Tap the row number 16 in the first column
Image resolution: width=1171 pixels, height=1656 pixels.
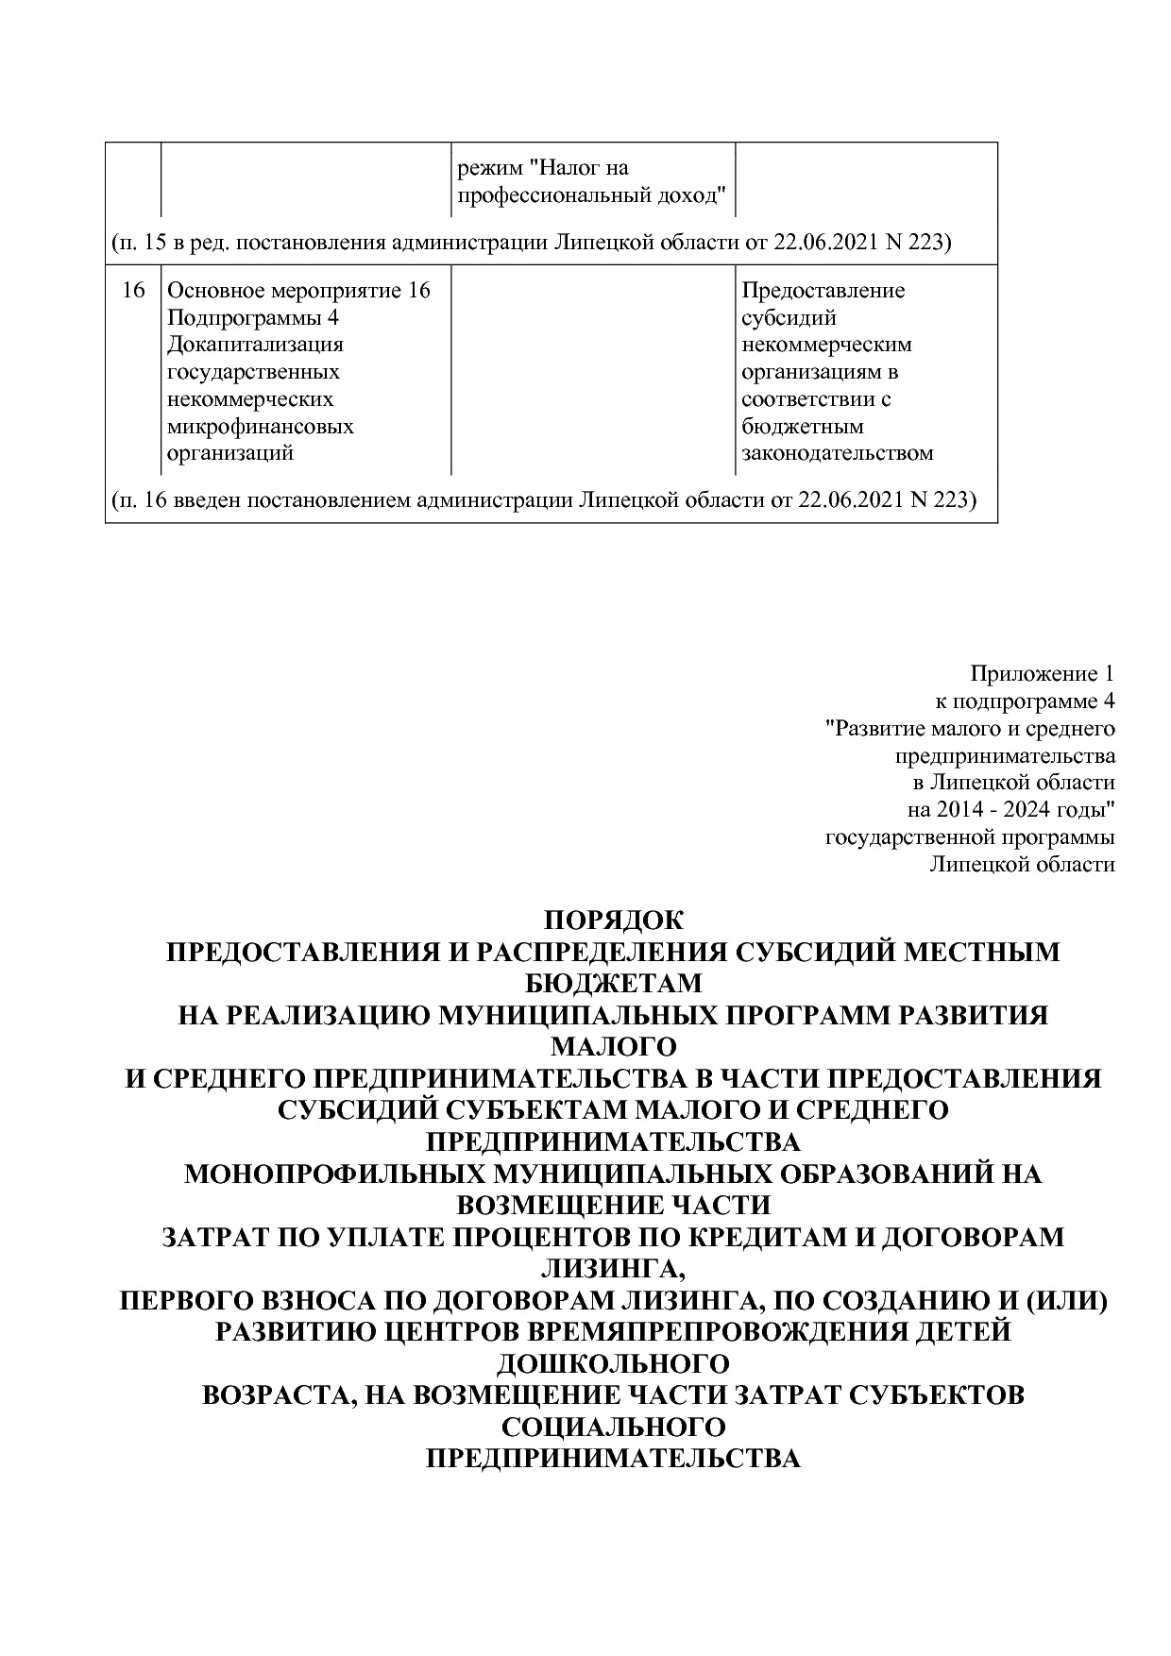click(x=133, y=290)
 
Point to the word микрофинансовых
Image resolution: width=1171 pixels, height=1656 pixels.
click(x=261, y=426)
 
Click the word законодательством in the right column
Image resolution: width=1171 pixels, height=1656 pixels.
click(x=838, y=452)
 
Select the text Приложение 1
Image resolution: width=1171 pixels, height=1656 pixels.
click(x=1042, y=674)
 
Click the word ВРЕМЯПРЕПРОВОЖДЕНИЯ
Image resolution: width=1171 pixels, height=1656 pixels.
click(x=737, y=1332)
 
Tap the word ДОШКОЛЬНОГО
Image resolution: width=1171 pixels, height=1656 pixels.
click(x=613, y=1364)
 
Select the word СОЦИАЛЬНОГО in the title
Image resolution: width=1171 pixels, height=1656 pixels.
click(x=613, y=1428)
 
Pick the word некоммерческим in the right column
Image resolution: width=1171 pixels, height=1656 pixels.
click(x=826, y=345)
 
